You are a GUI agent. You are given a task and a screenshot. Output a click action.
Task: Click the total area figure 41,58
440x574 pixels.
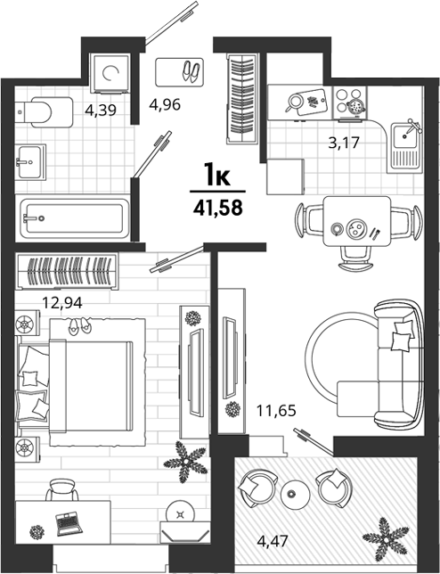tap(218, 209)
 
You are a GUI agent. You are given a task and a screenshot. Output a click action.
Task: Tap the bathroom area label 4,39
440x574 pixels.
tap(101, 110)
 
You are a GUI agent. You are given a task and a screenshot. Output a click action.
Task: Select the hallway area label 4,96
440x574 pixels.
tap(165, 104)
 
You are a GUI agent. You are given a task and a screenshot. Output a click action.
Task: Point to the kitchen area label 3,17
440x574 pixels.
tap(344, 142)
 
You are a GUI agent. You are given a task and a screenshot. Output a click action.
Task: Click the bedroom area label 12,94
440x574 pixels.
tap(62, 302)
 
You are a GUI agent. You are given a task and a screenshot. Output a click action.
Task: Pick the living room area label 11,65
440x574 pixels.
tap(276, 410)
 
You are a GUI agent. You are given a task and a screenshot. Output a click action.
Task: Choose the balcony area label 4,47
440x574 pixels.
tap(273, 540)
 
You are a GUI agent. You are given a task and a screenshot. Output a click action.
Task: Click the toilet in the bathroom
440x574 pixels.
tap(44, 112)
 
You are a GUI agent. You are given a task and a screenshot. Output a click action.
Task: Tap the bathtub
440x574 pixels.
tap(73, 218)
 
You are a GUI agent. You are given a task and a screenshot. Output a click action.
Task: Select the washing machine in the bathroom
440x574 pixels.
tap(110, 73)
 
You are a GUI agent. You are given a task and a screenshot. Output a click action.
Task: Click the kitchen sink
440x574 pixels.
tap(404, 147)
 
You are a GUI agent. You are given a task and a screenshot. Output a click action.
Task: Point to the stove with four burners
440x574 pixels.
tap(350, 102)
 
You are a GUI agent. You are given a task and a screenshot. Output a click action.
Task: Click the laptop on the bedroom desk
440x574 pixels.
tap(69, 523)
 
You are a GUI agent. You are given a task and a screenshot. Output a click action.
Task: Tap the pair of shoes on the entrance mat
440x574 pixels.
tap(191, 71)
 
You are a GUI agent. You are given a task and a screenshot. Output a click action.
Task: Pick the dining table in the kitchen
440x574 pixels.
tap(357, 221)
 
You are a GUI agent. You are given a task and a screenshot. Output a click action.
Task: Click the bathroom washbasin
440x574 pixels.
tap(30, 162)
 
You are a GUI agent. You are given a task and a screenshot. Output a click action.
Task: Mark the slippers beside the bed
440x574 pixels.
tap(79, 326)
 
